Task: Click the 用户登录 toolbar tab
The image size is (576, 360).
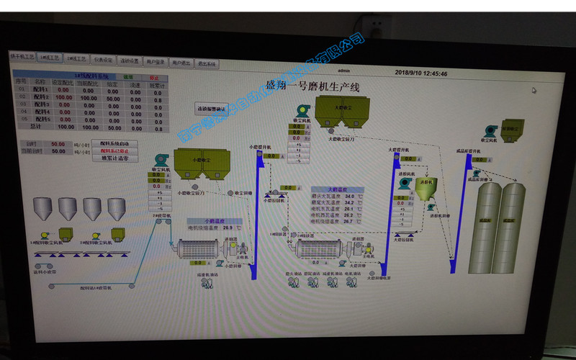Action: coord(156,62)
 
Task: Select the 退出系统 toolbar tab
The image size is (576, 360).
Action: coord(207,63)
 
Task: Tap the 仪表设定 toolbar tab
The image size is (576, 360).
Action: coord(104,60)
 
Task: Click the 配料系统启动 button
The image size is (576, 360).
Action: coord(114,143)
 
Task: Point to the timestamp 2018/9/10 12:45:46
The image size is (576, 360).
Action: coord(420,73)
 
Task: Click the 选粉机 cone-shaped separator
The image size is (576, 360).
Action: coord(428,189)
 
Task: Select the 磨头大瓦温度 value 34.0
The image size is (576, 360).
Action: coord(349,196)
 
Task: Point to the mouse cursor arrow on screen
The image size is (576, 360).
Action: coord(534,91)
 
